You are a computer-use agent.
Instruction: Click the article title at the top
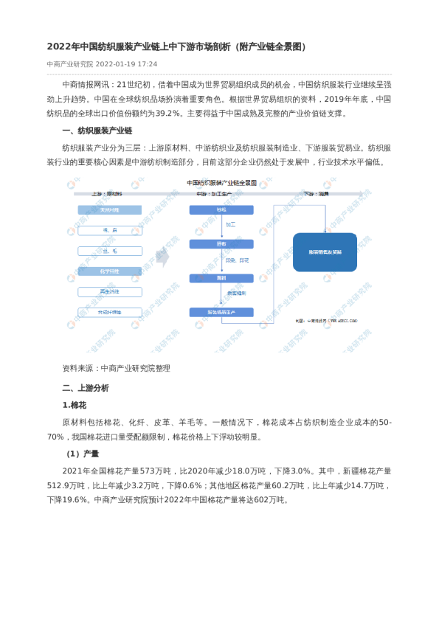176,46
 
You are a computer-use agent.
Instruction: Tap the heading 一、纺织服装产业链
97,131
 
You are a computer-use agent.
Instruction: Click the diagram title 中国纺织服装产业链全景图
221,181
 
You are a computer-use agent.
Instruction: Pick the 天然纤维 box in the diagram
110,210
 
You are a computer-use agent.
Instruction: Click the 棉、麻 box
110,231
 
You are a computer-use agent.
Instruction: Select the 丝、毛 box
110,251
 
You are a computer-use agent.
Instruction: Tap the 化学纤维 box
110,271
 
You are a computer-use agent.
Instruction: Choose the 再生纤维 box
110,292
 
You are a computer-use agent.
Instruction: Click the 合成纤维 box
110,312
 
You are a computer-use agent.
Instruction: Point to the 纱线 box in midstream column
221,210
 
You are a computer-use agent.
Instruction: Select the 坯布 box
221,244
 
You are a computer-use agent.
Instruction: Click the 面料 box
221,278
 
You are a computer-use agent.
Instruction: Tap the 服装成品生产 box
221,312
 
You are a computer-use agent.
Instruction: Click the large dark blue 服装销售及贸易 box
325,252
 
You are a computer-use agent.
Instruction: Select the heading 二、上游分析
86,387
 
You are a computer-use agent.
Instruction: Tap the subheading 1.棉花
75,405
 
